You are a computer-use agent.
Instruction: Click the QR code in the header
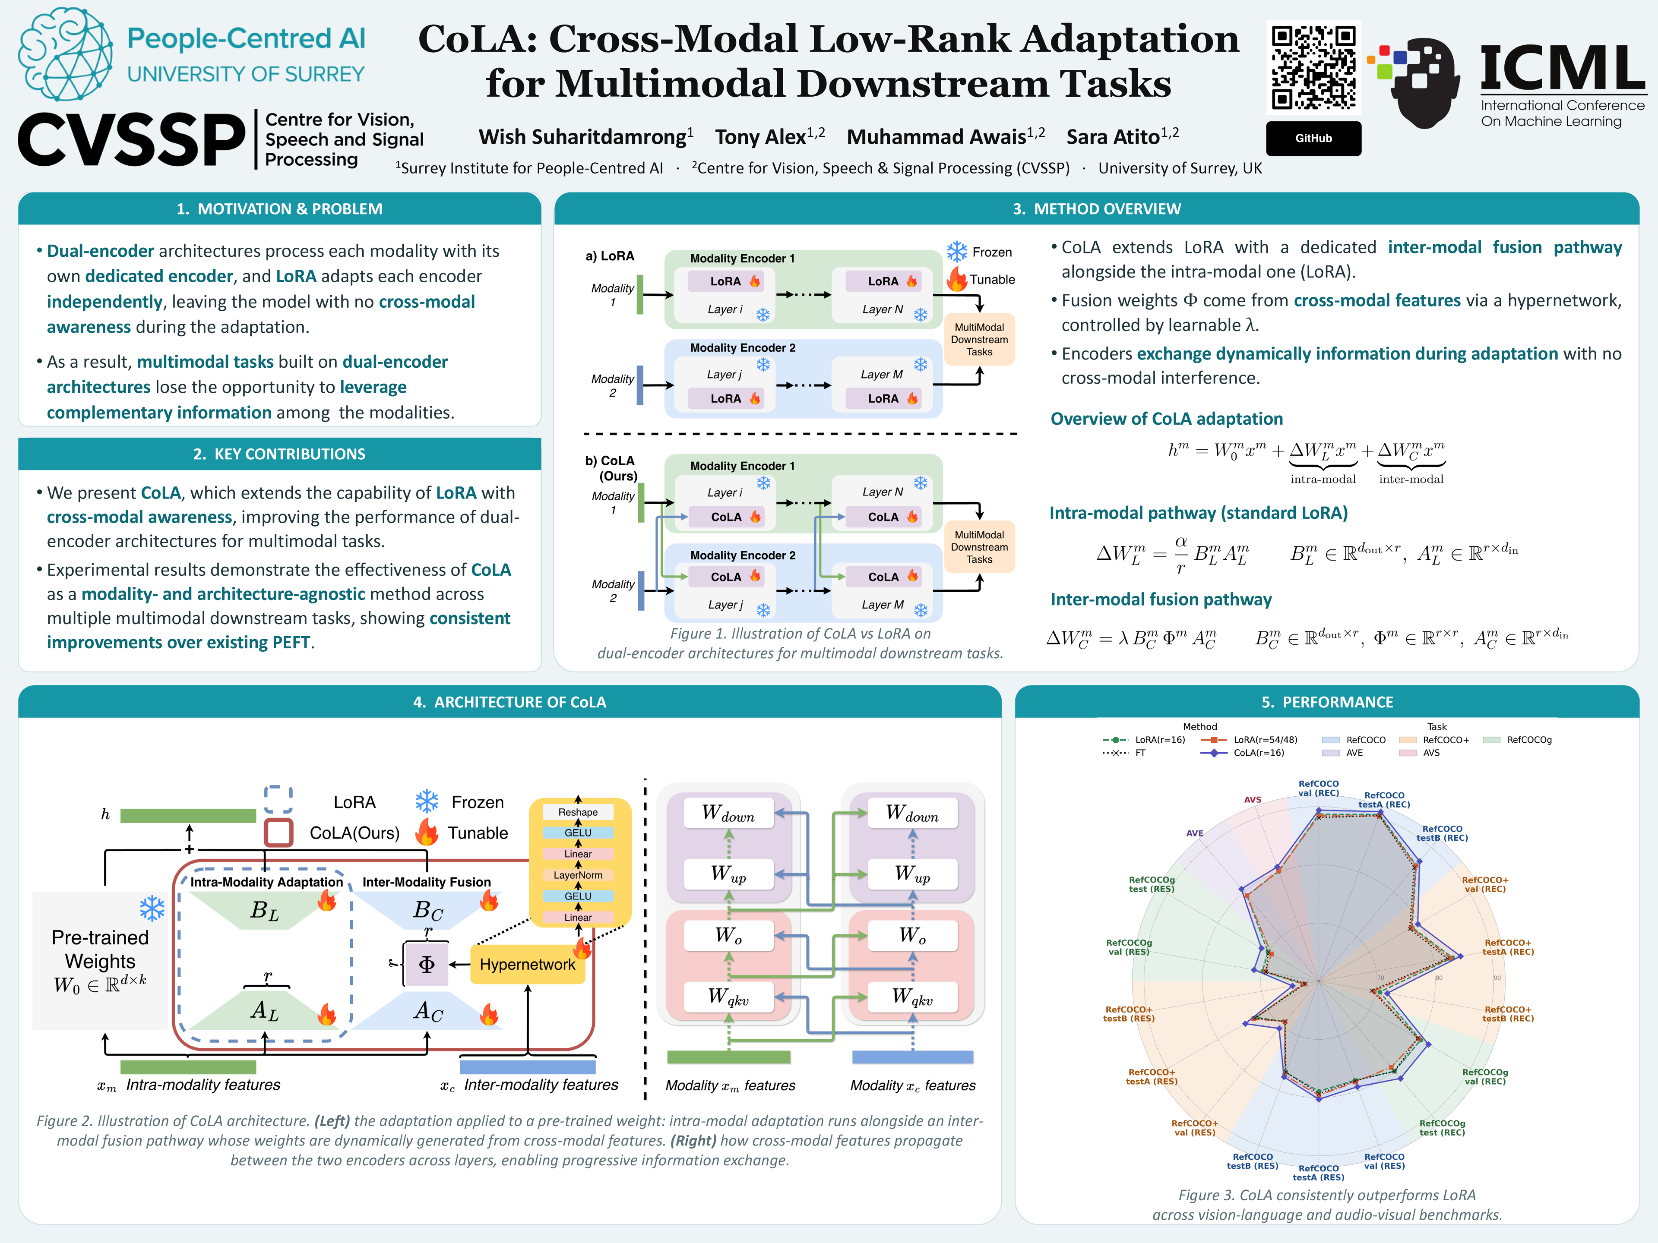pyautogui.click(x=1313, y=67)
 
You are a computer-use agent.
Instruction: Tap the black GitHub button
pyautogui.click(x=1313, y=138)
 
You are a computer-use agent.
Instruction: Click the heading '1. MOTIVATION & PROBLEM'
pyautogui.click(x=280, y=209)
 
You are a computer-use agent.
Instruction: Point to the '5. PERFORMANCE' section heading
pyautogui.click(x=1327, y=702)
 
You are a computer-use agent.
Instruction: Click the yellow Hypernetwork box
pyautogui.click(x=528, y=964)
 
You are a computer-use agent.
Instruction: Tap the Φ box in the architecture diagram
pyautogui.click(x=427, y=964)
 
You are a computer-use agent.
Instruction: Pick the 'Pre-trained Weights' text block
pyautogui.click(x=100, y=961)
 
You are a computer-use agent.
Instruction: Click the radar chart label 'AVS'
pyautogui.click(x=1253, y=799)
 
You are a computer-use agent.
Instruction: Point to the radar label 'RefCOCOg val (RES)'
pyautogui.click(x=1129, y=947)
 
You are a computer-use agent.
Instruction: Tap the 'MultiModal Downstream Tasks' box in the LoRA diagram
pyautogui.click(x=979, y=339)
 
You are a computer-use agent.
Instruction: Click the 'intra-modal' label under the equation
pyautogui.click(x=1323, y=480)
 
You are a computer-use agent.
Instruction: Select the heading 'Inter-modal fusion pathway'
pyautogui.click(x=1161, y=599)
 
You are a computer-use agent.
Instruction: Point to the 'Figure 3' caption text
pyautogui.click(x=1327, y=1205)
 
